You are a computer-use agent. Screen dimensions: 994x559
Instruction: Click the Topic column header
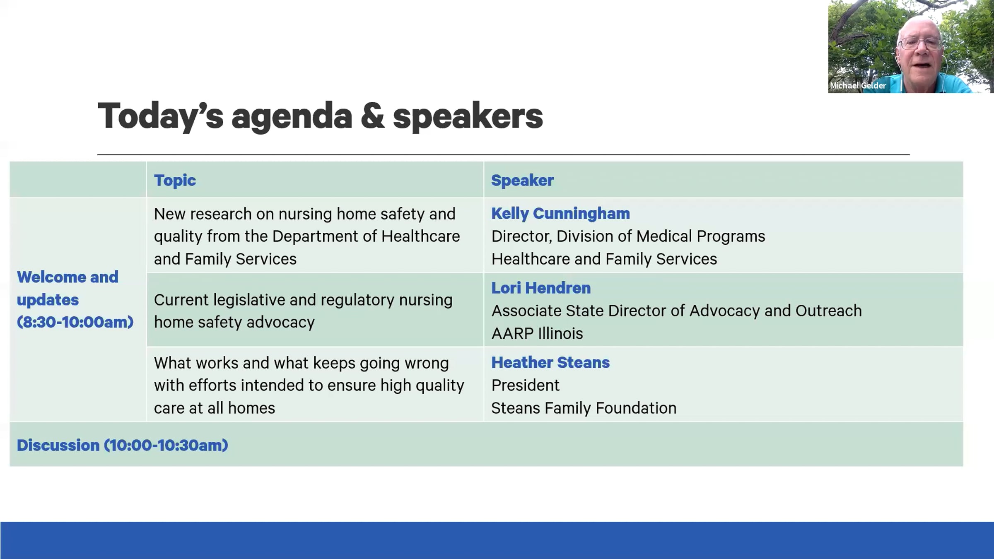(175, 181)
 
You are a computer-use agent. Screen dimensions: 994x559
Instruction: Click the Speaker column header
(522, 181)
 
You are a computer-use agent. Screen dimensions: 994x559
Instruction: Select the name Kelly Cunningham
(560, 214)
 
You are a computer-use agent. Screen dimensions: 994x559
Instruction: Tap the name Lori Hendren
(541, 288)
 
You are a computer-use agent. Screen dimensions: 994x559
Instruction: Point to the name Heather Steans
(550, 363)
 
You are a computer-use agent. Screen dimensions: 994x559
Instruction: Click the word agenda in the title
(292, 118)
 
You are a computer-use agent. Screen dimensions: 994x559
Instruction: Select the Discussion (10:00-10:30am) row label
(123, 446)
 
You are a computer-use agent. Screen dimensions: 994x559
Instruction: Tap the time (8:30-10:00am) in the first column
(75, 322)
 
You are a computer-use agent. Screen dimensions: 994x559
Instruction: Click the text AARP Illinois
(537, 334)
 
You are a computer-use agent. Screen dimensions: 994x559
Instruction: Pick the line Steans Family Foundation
(584, 408)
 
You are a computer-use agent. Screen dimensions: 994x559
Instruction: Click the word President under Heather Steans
(525, 386)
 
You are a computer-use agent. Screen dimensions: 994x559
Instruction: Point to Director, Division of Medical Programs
(628, 236)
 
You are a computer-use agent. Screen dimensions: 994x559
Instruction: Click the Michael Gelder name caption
(858, 86)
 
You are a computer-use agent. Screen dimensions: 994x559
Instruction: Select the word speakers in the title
(468, 118)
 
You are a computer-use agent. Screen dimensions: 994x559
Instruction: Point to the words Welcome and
(68, 277)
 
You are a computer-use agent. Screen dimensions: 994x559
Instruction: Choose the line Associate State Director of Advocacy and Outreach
(676, 311)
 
